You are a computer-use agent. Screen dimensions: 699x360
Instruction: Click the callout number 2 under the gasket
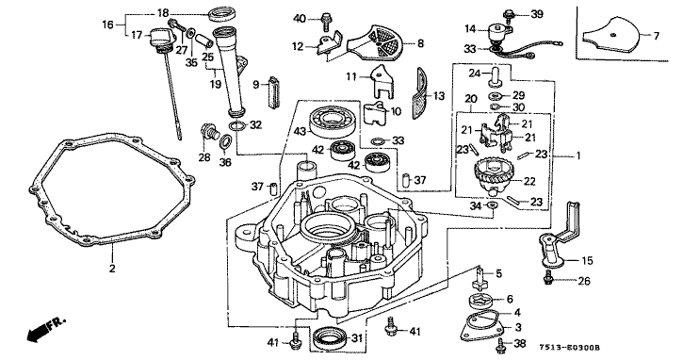tap(112, 269)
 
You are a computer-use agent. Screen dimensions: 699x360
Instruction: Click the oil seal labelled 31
tap(329, 338)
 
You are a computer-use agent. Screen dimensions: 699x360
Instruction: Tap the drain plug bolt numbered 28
tap(208, 131)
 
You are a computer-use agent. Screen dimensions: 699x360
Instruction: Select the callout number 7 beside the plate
tap(656, 35)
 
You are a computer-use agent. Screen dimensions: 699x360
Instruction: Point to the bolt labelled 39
tap(508, 13)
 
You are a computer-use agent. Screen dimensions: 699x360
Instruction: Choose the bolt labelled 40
tap(326, 19)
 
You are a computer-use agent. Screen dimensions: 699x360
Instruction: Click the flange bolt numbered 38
tap(501, 343)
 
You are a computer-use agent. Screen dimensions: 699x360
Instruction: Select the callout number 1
tap(577, 155)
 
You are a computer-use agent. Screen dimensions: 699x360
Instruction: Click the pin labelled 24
tap(494, 77)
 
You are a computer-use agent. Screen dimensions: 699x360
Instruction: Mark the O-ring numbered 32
tap(237, 125)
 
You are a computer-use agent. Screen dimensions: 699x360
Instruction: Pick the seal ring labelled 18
tap(222, 12)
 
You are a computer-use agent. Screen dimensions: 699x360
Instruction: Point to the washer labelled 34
tap(493, 205)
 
